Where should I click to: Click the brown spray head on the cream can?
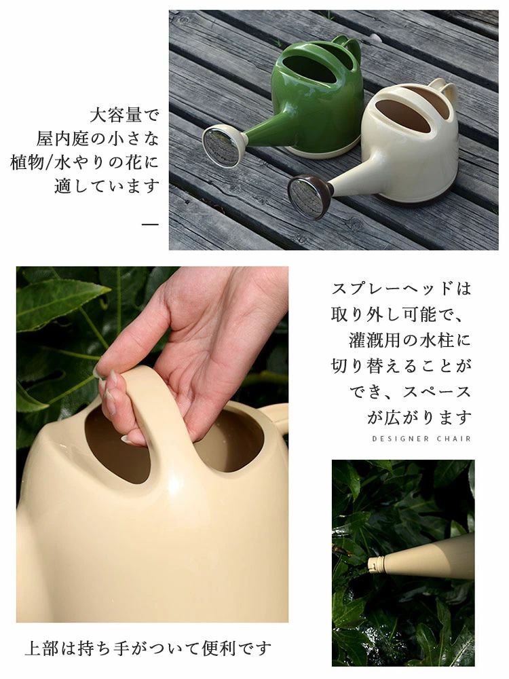click(x=310, y=196)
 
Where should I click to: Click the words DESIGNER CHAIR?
click(x=421, y=439)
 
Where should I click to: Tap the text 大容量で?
click(x=125, y=115)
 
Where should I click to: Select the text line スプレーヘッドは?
click(x=401, y=289)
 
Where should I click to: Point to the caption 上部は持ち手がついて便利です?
click(x=148, y=648)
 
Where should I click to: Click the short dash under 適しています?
click(x=150, y=224)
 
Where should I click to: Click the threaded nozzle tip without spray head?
click(x=375, y=564)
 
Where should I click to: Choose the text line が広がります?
click(x=419, y=418)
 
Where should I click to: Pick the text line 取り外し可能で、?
click(x=397, y=314)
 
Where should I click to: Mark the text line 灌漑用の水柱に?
click(x=410, y=340)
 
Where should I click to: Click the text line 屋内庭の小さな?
click(x=98, y=139)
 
